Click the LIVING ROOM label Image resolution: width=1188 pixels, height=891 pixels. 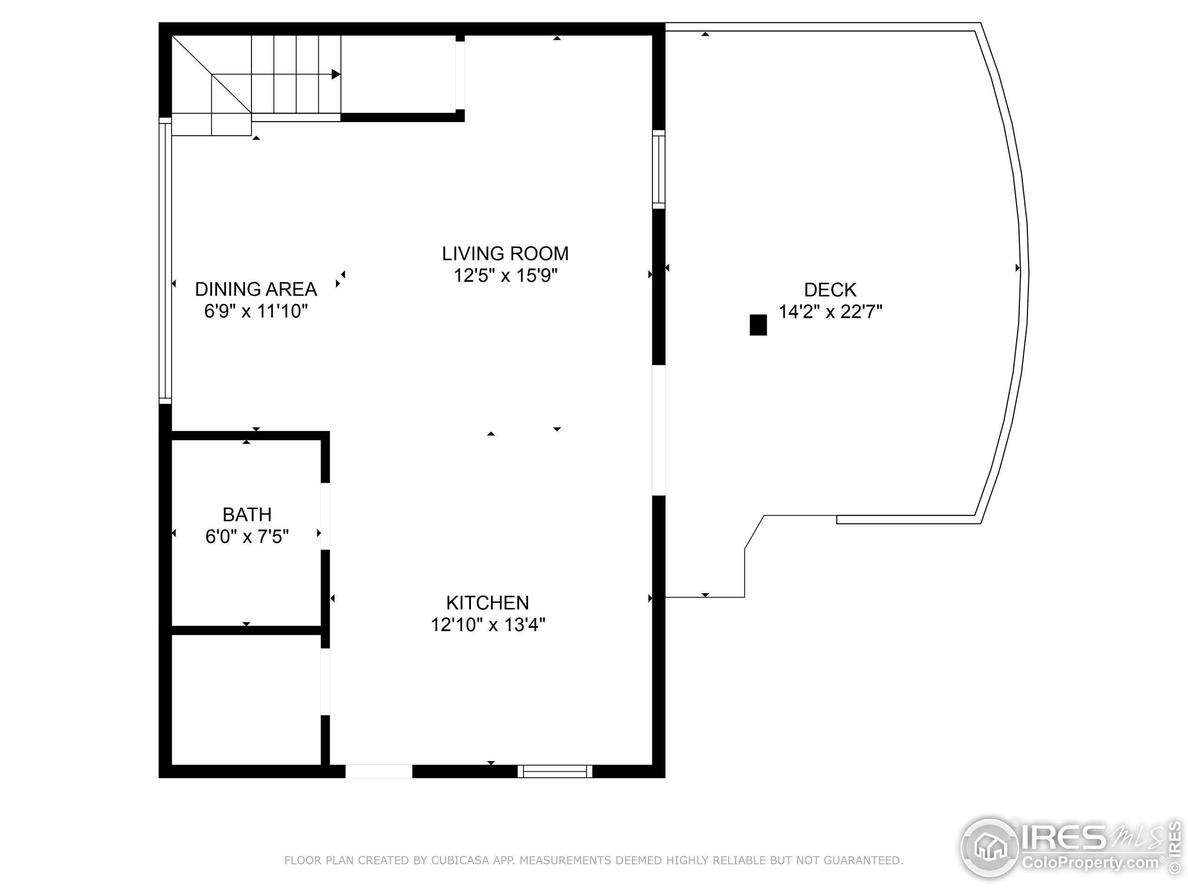coord(505,253)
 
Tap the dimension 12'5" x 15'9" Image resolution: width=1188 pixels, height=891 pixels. coord(505,276)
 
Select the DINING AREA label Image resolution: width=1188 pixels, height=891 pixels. coord(256,290)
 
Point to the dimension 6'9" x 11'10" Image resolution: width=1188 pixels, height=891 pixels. coord(256,311)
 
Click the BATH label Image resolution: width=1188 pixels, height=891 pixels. coord(247,515)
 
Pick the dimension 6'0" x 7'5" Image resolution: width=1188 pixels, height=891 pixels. coord(247,536)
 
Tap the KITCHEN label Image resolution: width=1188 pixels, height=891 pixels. coord(487,603)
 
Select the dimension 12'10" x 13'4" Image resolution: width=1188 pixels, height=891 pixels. coord(488,625)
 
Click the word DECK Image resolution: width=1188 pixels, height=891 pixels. coord(830,290)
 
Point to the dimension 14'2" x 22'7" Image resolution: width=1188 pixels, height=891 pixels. coord(830,312)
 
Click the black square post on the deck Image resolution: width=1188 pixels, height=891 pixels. coord(758,325)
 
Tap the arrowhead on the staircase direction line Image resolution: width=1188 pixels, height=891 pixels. coord(336,74)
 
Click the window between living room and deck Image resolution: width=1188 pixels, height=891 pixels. coord(659,169)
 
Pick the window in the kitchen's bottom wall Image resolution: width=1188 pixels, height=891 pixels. coord(555,772)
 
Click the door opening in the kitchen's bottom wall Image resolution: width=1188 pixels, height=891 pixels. coord(379,771)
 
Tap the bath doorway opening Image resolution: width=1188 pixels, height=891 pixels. coord(325,516)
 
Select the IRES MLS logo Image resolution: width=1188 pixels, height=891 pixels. coord(1069,849)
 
